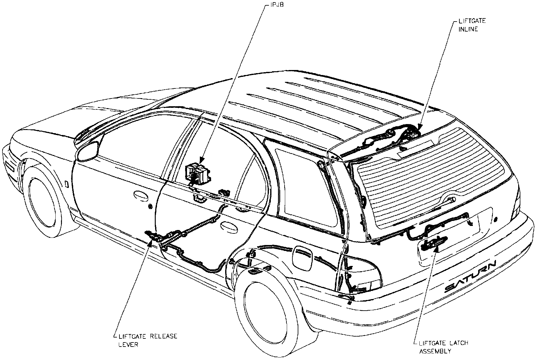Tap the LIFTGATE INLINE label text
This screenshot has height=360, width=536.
coord(468,26)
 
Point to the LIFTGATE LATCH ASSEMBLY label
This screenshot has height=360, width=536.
coord(443,347)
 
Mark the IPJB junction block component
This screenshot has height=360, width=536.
coord(198,173)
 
